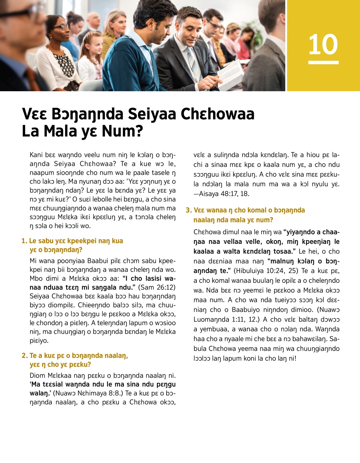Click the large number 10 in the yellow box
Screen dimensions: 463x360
pos(323,44)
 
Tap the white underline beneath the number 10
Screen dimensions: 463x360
pos(323,62)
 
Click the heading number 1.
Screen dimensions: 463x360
pos(24,241)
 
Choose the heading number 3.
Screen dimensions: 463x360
pos(188,210)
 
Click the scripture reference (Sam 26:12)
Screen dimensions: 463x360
pos(157,287)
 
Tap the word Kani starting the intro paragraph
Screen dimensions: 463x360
pos(36,155)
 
